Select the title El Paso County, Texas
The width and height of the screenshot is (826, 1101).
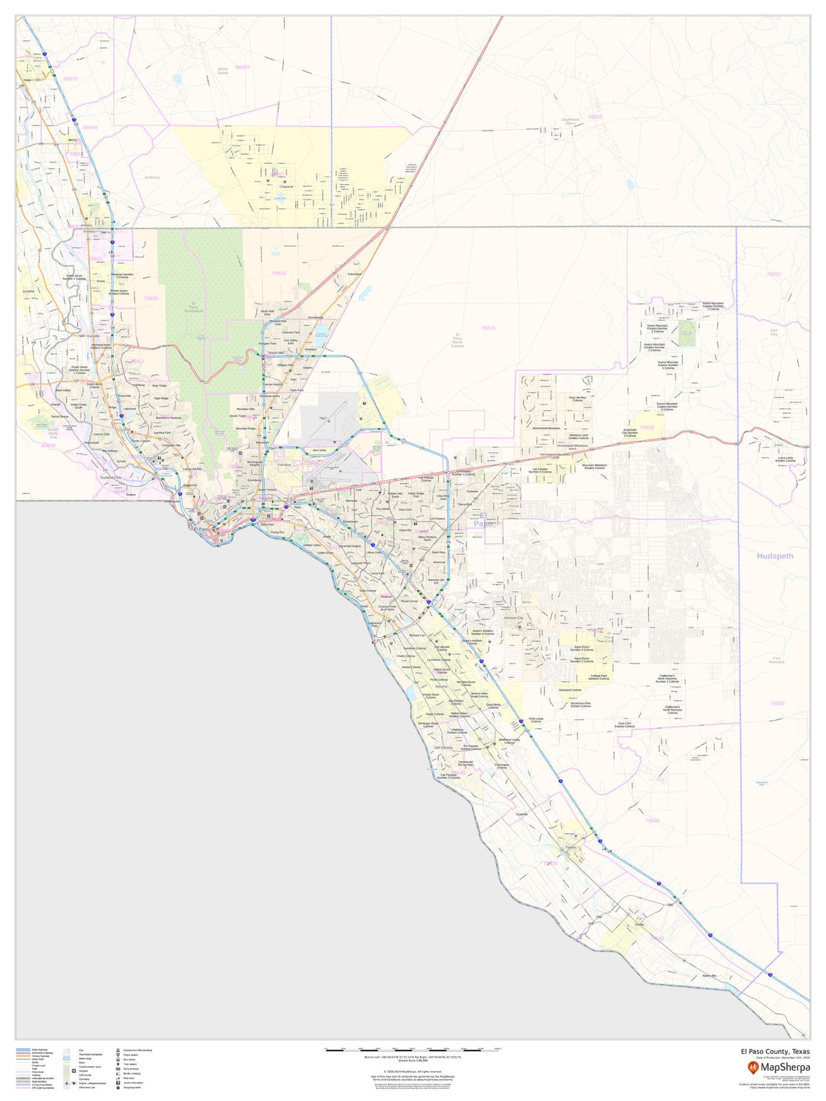[775, 1051]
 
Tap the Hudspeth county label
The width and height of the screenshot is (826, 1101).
[775, 556]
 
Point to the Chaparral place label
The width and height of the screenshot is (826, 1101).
[286, 186]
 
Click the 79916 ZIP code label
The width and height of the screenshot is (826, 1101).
[488, 328]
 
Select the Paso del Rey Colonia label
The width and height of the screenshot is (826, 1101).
[577, 399]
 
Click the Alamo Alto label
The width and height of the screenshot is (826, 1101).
[709, 975]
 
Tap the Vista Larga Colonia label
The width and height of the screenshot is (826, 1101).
[536, 720]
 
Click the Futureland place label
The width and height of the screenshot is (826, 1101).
[355, 275]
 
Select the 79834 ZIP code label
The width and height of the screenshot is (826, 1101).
[278, 273]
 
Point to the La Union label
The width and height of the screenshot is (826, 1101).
[29, 291]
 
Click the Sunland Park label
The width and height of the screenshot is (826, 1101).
[110, 477]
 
